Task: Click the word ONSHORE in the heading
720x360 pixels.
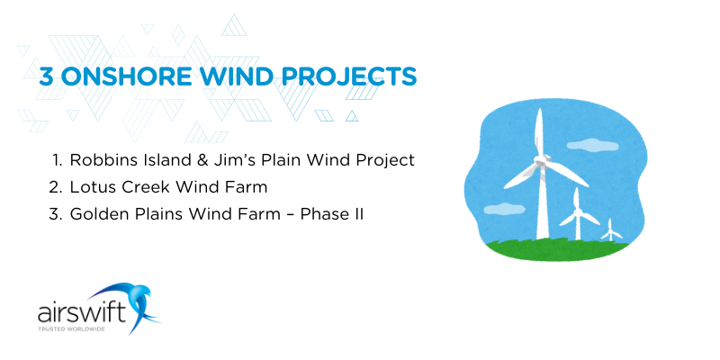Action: pos(125,76)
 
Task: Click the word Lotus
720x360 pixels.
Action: pos(92,188)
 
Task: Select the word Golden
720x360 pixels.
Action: pos(97,216)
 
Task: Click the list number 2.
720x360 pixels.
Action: pos(55,188)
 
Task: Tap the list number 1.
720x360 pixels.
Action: pos(56,160)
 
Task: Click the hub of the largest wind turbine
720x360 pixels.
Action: pos(541,160)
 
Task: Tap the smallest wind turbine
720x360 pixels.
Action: pos(611,229)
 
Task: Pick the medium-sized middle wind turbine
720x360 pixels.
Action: pos(576,216)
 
